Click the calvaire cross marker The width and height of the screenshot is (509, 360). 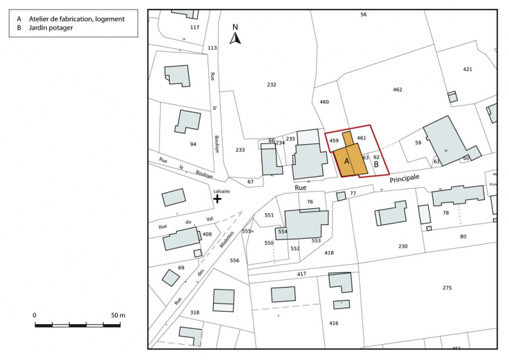[x=217, y=199]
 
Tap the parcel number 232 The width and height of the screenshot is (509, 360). [x=271, y=84]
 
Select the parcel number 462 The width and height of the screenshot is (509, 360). [x=397, y=90]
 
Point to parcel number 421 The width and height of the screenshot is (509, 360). [x=468, y=70]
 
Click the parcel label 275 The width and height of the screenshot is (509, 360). [x=447, y=288]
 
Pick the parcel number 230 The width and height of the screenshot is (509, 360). [x=403, y=246]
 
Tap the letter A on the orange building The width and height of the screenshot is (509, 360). [x=346, y=161]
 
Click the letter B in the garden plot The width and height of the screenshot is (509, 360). [x=377, y=165]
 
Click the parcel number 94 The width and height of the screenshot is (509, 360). [x=193, y=144]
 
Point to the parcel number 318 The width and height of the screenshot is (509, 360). [x=194, y=312]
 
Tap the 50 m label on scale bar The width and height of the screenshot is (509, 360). [x=118, y=315]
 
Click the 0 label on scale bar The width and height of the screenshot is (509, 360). [x=34, y=315]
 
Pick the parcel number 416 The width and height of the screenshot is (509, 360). [x=334, y=323]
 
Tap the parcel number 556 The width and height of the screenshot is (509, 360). [x=234, y=260]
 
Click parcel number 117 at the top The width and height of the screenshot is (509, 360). [x=194, y=28]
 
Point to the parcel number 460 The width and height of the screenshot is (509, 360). [x=324, y=102]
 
